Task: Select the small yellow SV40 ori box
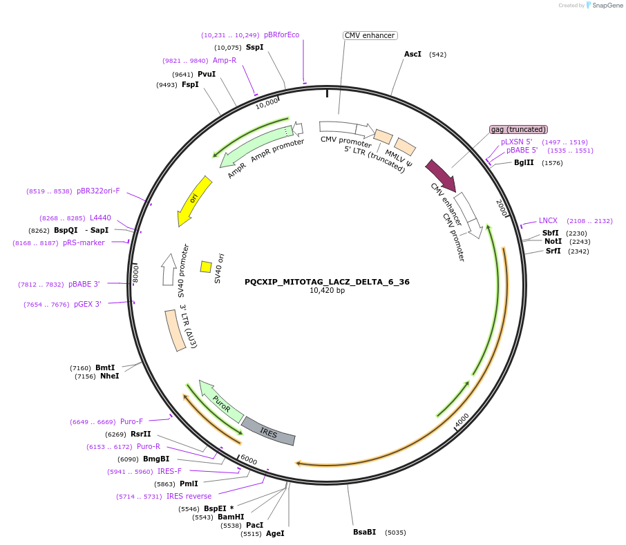click(206, 267)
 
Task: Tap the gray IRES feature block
click(269, 431)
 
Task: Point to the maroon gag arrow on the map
click(440, 175)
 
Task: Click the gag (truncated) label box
click(518, 129)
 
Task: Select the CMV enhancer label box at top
click(370, 35)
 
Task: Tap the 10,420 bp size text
click(327, 291)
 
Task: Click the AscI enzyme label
click(412, 54)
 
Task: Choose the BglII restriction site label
click(524, 163)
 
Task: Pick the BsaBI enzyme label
click(364, 533)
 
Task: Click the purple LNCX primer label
click(548, 221)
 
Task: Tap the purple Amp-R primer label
click(224, 60)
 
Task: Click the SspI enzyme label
click(254, 48)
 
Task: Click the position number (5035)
click(395, 533)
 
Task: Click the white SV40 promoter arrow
click(168, 269)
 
